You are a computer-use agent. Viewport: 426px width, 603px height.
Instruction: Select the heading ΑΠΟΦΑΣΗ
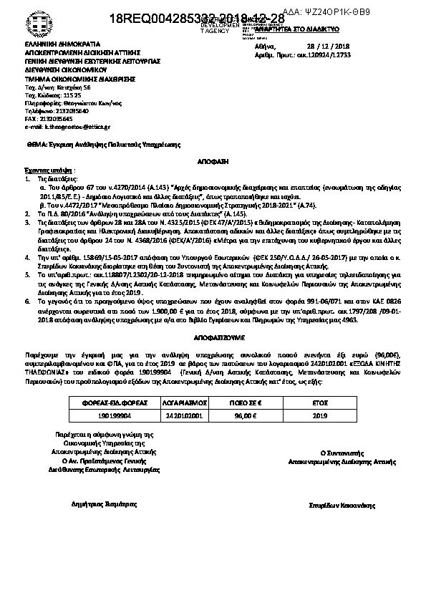coord(213,163)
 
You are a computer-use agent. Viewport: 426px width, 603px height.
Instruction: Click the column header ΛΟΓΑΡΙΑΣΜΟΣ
coord(178,402)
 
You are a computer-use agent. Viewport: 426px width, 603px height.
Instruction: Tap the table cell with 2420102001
coord(178,415)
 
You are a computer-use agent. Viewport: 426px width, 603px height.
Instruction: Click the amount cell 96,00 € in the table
coord(247,415)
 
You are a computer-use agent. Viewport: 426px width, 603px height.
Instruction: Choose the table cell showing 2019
coord(319,415)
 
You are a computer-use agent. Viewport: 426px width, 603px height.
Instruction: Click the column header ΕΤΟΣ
coord(319,402)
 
